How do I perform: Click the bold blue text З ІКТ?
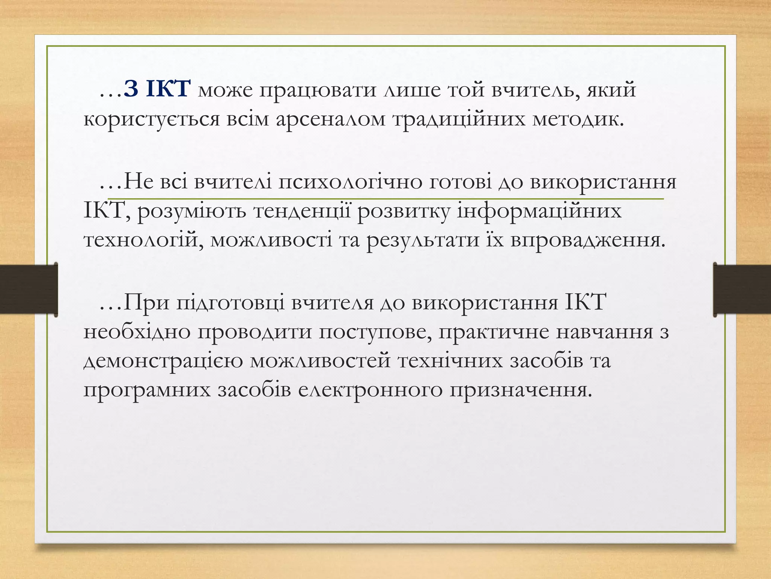point(156,90)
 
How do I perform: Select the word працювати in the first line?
point(317,91)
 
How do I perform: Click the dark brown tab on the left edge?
point(29,289)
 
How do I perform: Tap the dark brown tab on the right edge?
point(742,289)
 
